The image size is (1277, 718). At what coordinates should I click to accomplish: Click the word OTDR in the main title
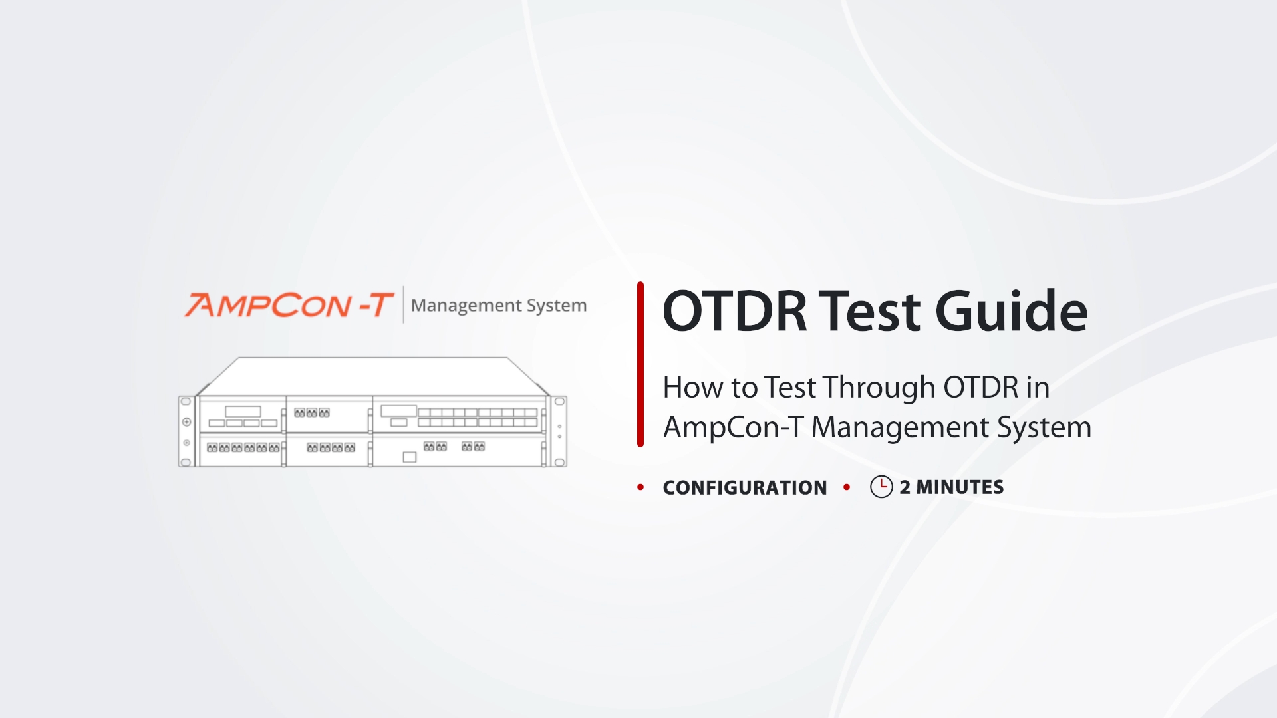click(735, 310)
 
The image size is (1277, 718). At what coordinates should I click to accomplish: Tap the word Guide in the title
click(1012, 310)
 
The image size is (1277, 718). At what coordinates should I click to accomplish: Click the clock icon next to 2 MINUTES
click(881, 487)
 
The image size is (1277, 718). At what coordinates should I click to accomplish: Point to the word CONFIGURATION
click(745, 487)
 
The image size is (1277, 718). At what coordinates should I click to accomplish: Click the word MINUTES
click(960, 487)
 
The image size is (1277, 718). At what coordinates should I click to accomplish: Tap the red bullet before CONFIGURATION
click(640, 487)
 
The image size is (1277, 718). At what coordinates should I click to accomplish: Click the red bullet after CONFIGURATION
click(847, 487)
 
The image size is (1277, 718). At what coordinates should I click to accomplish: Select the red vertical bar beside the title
click(640, 364)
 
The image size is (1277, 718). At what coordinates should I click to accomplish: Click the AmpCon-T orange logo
click(289, 305)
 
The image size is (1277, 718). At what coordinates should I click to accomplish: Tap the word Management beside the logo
click(466, 306)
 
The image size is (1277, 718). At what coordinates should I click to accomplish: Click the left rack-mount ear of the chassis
click(187, 431)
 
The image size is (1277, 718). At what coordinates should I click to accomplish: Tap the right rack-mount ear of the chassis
click(559, 431)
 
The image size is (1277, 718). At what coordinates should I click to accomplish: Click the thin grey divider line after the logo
click(403, 305)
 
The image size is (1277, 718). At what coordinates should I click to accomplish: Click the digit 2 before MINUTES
click(905, 487)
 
